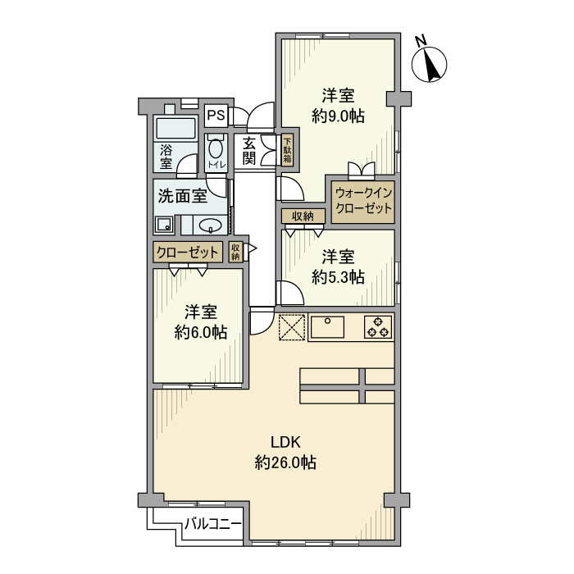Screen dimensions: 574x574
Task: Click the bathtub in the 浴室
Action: coord(175,128)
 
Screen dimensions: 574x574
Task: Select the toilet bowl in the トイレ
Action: coord(216,151)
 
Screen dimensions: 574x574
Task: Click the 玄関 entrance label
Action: coord(250,150)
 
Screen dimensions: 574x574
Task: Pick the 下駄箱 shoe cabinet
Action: coord(287,151)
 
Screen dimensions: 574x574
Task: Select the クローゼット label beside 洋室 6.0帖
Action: coord(187,252)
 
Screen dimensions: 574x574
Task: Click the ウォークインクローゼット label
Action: coord(363,201)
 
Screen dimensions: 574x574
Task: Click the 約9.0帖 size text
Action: coord(338,116)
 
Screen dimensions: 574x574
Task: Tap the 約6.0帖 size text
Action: coord(201,332)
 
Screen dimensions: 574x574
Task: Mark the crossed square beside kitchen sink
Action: coord(291,327)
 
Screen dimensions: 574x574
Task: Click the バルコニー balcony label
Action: coord(212,522)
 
